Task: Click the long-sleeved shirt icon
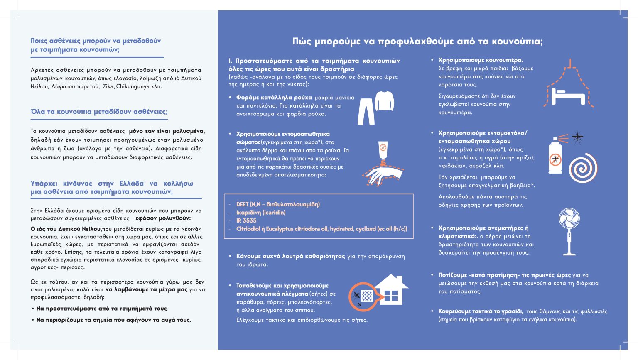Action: click(x=384, y=101)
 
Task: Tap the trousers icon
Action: click(x=366, y=111)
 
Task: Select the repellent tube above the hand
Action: click(x=383, y=150)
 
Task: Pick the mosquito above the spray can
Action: click(x=577, y=137)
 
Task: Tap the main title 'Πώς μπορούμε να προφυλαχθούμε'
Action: click(x=417, y=42)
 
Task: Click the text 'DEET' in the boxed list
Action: click(x=243, y=204)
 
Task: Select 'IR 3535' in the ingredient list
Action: click(x=246, y=220)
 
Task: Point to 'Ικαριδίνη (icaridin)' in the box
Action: click(x=261, y=213)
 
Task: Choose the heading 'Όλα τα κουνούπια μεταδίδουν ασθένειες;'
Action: click(x=99, y=112)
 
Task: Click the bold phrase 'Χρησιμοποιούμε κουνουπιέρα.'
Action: click(x=481, y=60)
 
